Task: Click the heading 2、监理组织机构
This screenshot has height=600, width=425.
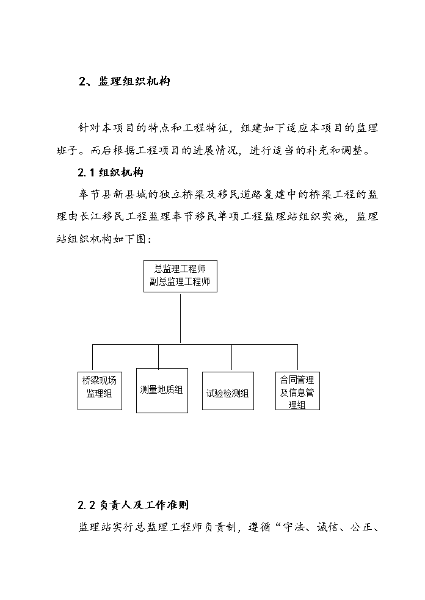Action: (125, 81)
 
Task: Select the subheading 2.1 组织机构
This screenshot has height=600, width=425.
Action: (111, 173)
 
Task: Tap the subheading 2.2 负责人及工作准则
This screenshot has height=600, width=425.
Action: (133, 505)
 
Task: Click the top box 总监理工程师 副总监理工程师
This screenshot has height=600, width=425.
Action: (180, 277)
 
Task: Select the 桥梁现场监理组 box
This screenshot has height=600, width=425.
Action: (100, 391)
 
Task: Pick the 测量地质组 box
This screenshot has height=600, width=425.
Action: (162, 391)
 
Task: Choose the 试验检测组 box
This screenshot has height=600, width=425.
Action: (228, 391)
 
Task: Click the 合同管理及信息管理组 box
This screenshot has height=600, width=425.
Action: (297, 391)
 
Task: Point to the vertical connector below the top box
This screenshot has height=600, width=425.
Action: (180, 319)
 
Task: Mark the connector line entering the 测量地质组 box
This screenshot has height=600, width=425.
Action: (159, 356)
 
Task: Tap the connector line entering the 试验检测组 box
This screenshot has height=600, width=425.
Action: (231, 358)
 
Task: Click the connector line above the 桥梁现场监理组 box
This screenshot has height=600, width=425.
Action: (92, 358)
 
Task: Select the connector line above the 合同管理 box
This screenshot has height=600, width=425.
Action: (297, 358)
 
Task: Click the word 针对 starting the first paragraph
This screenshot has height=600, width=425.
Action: (89, 128)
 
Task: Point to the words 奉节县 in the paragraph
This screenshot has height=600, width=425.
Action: (95, 195)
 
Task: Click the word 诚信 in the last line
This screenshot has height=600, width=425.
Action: (328, 527)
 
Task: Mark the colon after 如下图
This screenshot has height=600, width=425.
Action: (149, 240)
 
